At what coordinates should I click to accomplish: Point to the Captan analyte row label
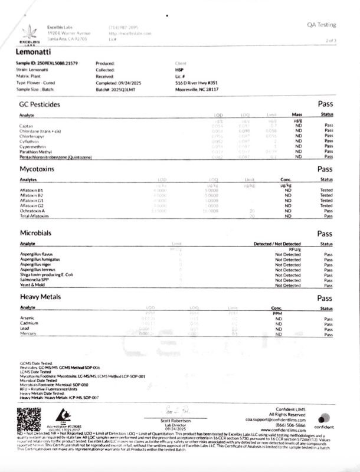tap(27, 125)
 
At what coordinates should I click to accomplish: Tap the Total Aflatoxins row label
tap(33, 216)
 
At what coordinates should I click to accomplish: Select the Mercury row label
tap(28, 334)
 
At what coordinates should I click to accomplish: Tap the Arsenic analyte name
tap(28, 318)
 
